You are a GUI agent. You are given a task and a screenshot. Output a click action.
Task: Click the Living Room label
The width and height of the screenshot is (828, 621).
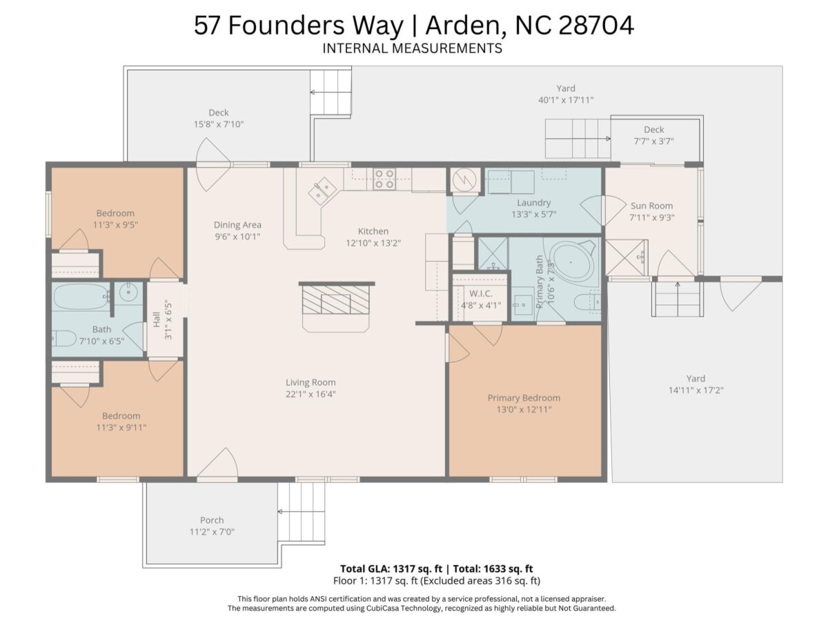pyautogui.click(x=310, y=382)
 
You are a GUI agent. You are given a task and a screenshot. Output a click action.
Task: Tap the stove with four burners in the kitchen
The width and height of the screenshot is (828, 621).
pyautogui.click(x=384, y=179)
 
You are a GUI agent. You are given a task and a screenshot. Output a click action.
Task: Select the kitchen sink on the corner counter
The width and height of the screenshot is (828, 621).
pyautogui.click(x=322, y=190)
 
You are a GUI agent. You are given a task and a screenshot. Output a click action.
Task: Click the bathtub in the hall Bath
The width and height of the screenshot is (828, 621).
pyautogui.click(x=81, y=297)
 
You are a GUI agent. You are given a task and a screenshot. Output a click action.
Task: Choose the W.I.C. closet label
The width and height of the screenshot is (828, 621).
pyautogui.click(x=481, y=293)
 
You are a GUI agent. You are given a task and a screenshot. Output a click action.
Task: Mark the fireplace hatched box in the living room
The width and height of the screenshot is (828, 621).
pyautogui.click(x=335, y=299)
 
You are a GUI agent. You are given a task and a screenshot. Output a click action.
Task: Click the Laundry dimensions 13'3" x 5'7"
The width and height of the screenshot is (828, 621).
pyautogui.click(x=534, y=215)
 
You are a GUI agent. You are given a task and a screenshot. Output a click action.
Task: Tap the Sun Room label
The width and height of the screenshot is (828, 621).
pyautogui.click(x=651, y=206)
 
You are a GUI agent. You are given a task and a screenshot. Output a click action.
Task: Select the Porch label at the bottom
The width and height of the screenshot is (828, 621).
pyautogui.click(x=212, y=520)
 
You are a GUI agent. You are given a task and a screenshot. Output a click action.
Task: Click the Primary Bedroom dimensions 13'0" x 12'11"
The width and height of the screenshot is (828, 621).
pyautogui.click(x=524, y=409)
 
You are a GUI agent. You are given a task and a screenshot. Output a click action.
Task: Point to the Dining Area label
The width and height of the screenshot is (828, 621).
pyautogui.click(x=237, y=225)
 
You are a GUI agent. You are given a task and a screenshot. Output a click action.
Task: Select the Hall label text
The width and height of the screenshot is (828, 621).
pyautogui.click(x=157, y=319)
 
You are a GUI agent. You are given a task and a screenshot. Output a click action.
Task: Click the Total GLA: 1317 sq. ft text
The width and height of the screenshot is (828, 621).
pyautogui.click(x=391, y=569)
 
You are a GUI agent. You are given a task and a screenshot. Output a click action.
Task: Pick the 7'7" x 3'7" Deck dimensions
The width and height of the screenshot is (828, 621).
pyautogui.click(x=653, y=141)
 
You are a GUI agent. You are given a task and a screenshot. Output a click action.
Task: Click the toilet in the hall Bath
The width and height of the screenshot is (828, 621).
pyautogui.click(x=63, y=338)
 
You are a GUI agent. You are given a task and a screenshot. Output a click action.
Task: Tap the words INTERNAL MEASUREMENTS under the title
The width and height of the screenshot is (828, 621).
pyautogui.click(x=413, y=48)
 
